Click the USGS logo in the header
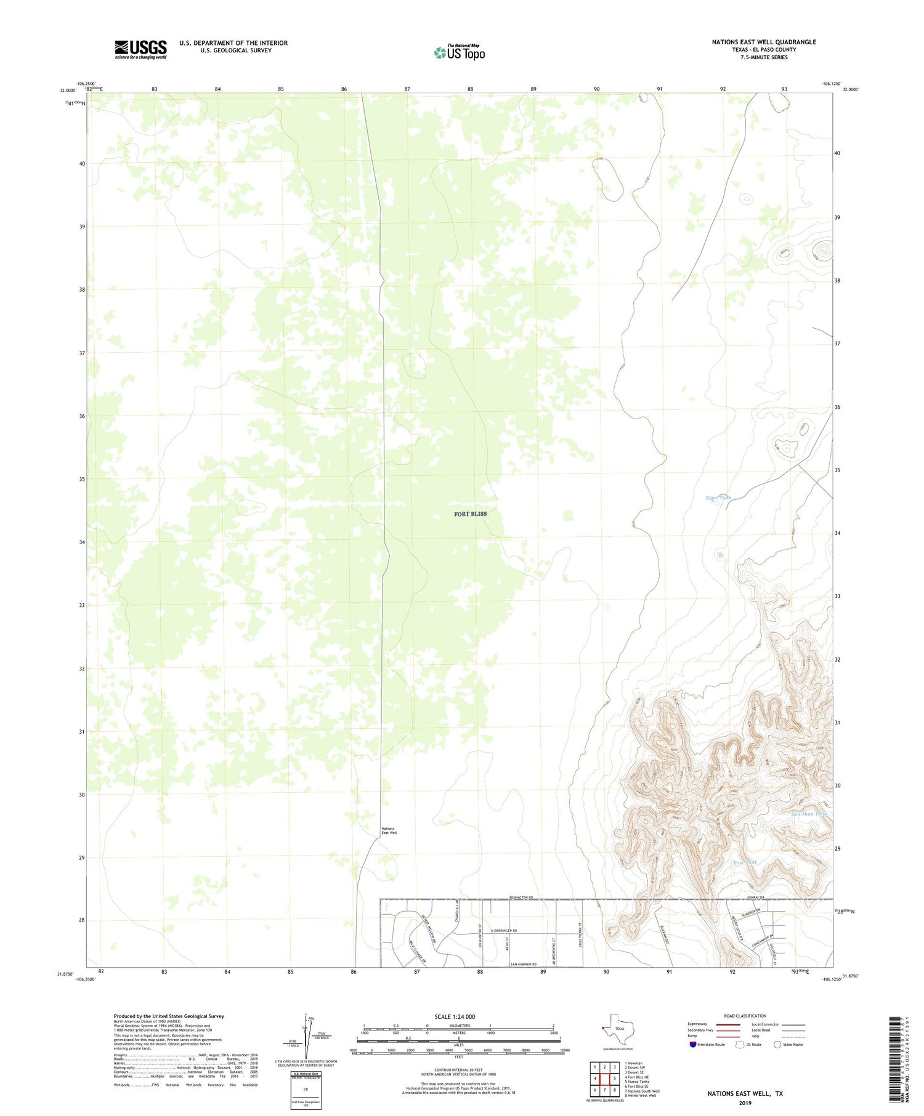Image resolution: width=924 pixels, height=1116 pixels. (140, 49)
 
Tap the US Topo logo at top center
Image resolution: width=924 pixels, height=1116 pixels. (459, 53)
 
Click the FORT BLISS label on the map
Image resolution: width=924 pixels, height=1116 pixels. (470, 513)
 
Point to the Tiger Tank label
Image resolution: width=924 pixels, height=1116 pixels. (718, 497)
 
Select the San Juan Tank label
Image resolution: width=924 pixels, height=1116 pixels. (809, 814)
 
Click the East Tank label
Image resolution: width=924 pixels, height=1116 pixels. (745, 862)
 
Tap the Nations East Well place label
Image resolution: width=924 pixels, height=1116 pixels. (389, 831)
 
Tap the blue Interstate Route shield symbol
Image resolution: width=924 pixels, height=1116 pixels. (693, 1044)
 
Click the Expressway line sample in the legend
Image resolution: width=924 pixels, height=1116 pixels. (727, 1024)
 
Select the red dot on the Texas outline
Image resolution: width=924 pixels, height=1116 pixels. (604, 1027)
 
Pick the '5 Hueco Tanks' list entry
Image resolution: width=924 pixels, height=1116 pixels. (637, 1082)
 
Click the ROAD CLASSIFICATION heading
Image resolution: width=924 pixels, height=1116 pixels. (745, 1016)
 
